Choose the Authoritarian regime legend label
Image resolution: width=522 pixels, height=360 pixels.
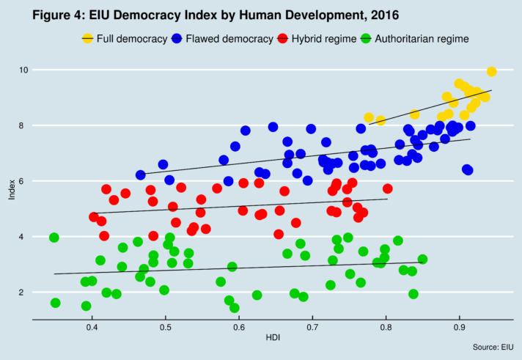[x=421, y=38]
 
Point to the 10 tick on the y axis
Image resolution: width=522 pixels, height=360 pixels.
[x=23, y=70]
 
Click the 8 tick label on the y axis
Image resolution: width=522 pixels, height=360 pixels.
[x=25, y=125]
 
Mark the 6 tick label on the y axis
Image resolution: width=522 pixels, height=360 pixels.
[x=25, y=181]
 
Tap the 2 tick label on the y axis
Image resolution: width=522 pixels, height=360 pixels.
[x=25, y=293]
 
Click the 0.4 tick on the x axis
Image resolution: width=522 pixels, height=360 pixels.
[x=92, y=326]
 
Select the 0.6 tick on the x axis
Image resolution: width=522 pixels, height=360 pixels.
[x=238, y=326]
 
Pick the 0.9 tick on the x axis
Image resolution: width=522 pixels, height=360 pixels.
[x=459, y=326]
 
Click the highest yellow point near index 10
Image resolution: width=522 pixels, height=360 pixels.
[x=491, y=71]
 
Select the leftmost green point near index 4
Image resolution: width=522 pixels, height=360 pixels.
[x=54, y=238]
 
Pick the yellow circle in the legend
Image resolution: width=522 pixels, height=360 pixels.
[x=89, y=38]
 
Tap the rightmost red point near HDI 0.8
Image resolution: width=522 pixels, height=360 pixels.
[x=387, y=188]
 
